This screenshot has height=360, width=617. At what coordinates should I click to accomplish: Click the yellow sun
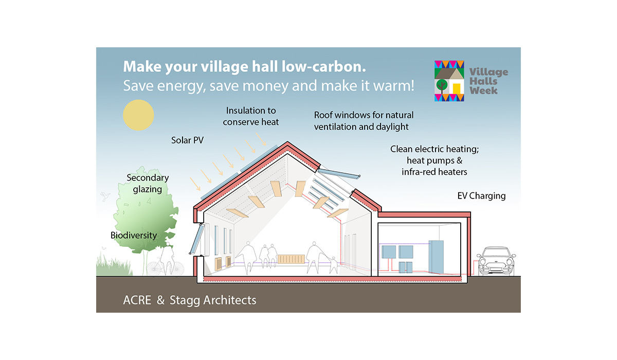tap(138, 115)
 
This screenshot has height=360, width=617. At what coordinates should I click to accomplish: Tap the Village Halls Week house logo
tap(449, 81)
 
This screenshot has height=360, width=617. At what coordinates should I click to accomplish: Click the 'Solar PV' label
tap(187, 140)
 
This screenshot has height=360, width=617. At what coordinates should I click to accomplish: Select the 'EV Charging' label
tap(481, 196)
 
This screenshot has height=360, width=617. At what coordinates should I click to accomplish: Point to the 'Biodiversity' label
tap(134, 235)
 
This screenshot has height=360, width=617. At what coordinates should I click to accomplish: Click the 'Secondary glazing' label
tap(148, 184)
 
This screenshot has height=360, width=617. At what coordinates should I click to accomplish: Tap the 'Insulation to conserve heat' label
tap(251, 116)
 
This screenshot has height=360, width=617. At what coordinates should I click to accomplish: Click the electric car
tap(496, 261)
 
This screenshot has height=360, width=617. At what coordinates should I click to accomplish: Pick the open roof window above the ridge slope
tap(338, 173)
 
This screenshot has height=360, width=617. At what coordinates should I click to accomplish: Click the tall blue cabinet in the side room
tap(436, 257)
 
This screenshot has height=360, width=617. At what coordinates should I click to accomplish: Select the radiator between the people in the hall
tap(291, 259)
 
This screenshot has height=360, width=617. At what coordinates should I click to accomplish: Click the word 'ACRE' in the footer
tap(137, 300)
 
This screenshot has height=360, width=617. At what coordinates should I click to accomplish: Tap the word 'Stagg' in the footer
tap(185, 301)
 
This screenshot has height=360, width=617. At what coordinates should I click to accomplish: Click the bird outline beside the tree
tap(105, 196)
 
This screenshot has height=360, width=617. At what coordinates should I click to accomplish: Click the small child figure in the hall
tap(334, 265)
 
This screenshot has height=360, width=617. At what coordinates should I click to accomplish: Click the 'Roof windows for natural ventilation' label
tap(364, 121)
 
